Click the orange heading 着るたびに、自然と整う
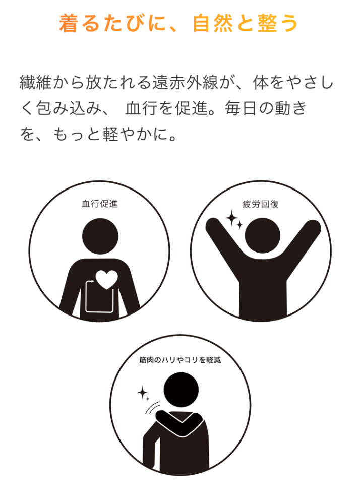click(178, 23)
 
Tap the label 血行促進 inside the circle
click(100, 204)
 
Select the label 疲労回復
click(260, 204)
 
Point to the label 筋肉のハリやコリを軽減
click(180, 360)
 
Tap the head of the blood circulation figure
click(100, 236)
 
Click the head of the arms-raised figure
click(262, 235)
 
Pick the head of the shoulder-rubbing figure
click(181, 390)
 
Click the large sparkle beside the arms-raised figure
click(231, 218)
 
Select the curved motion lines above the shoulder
click(152, 408)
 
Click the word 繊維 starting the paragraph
click(36, 83)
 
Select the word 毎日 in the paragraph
click(241, 108)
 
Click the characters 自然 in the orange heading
click(212, 23)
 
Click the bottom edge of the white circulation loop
click(99, 312)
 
